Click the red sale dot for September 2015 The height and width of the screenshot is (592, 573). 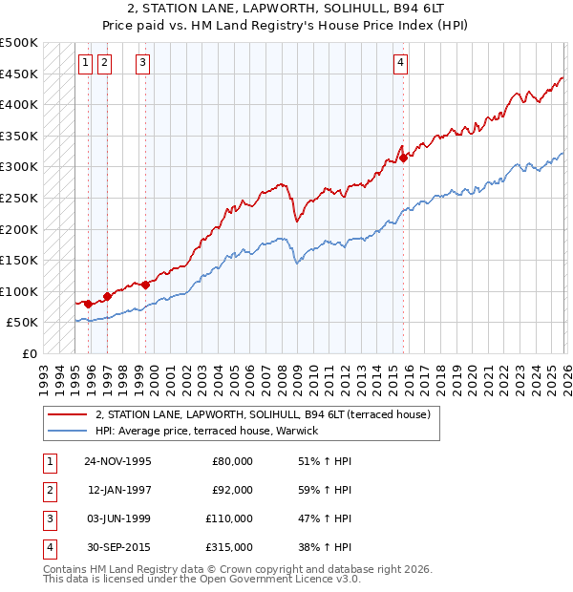pos(403,159)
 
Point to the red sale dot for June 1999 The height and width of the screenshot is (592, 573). pos(146,285)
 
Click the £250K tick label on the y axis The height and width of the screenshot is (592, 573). pos(20,198)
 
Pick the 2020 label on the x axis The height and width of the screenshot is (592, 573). pos(470,374)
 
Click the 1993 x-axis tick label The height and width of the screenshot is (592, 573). pos(43,374)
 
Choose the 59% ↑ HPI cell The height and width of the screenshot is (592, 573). pos(325,490)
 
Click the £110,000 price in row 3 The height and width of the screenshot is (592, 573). pos(229,518)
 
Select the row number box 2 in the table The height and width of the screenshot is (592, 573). pos(47,490)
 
